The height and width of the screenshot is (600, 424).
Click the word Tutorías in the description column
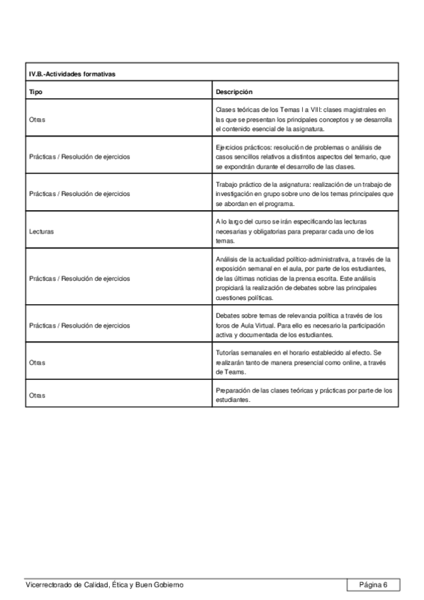[x=228, y=352]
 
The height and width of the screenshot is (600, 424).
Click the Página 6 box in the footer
[x=373, y=584]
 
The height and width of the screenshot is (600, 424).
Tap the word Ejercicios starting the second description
[x=230, y=146]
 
